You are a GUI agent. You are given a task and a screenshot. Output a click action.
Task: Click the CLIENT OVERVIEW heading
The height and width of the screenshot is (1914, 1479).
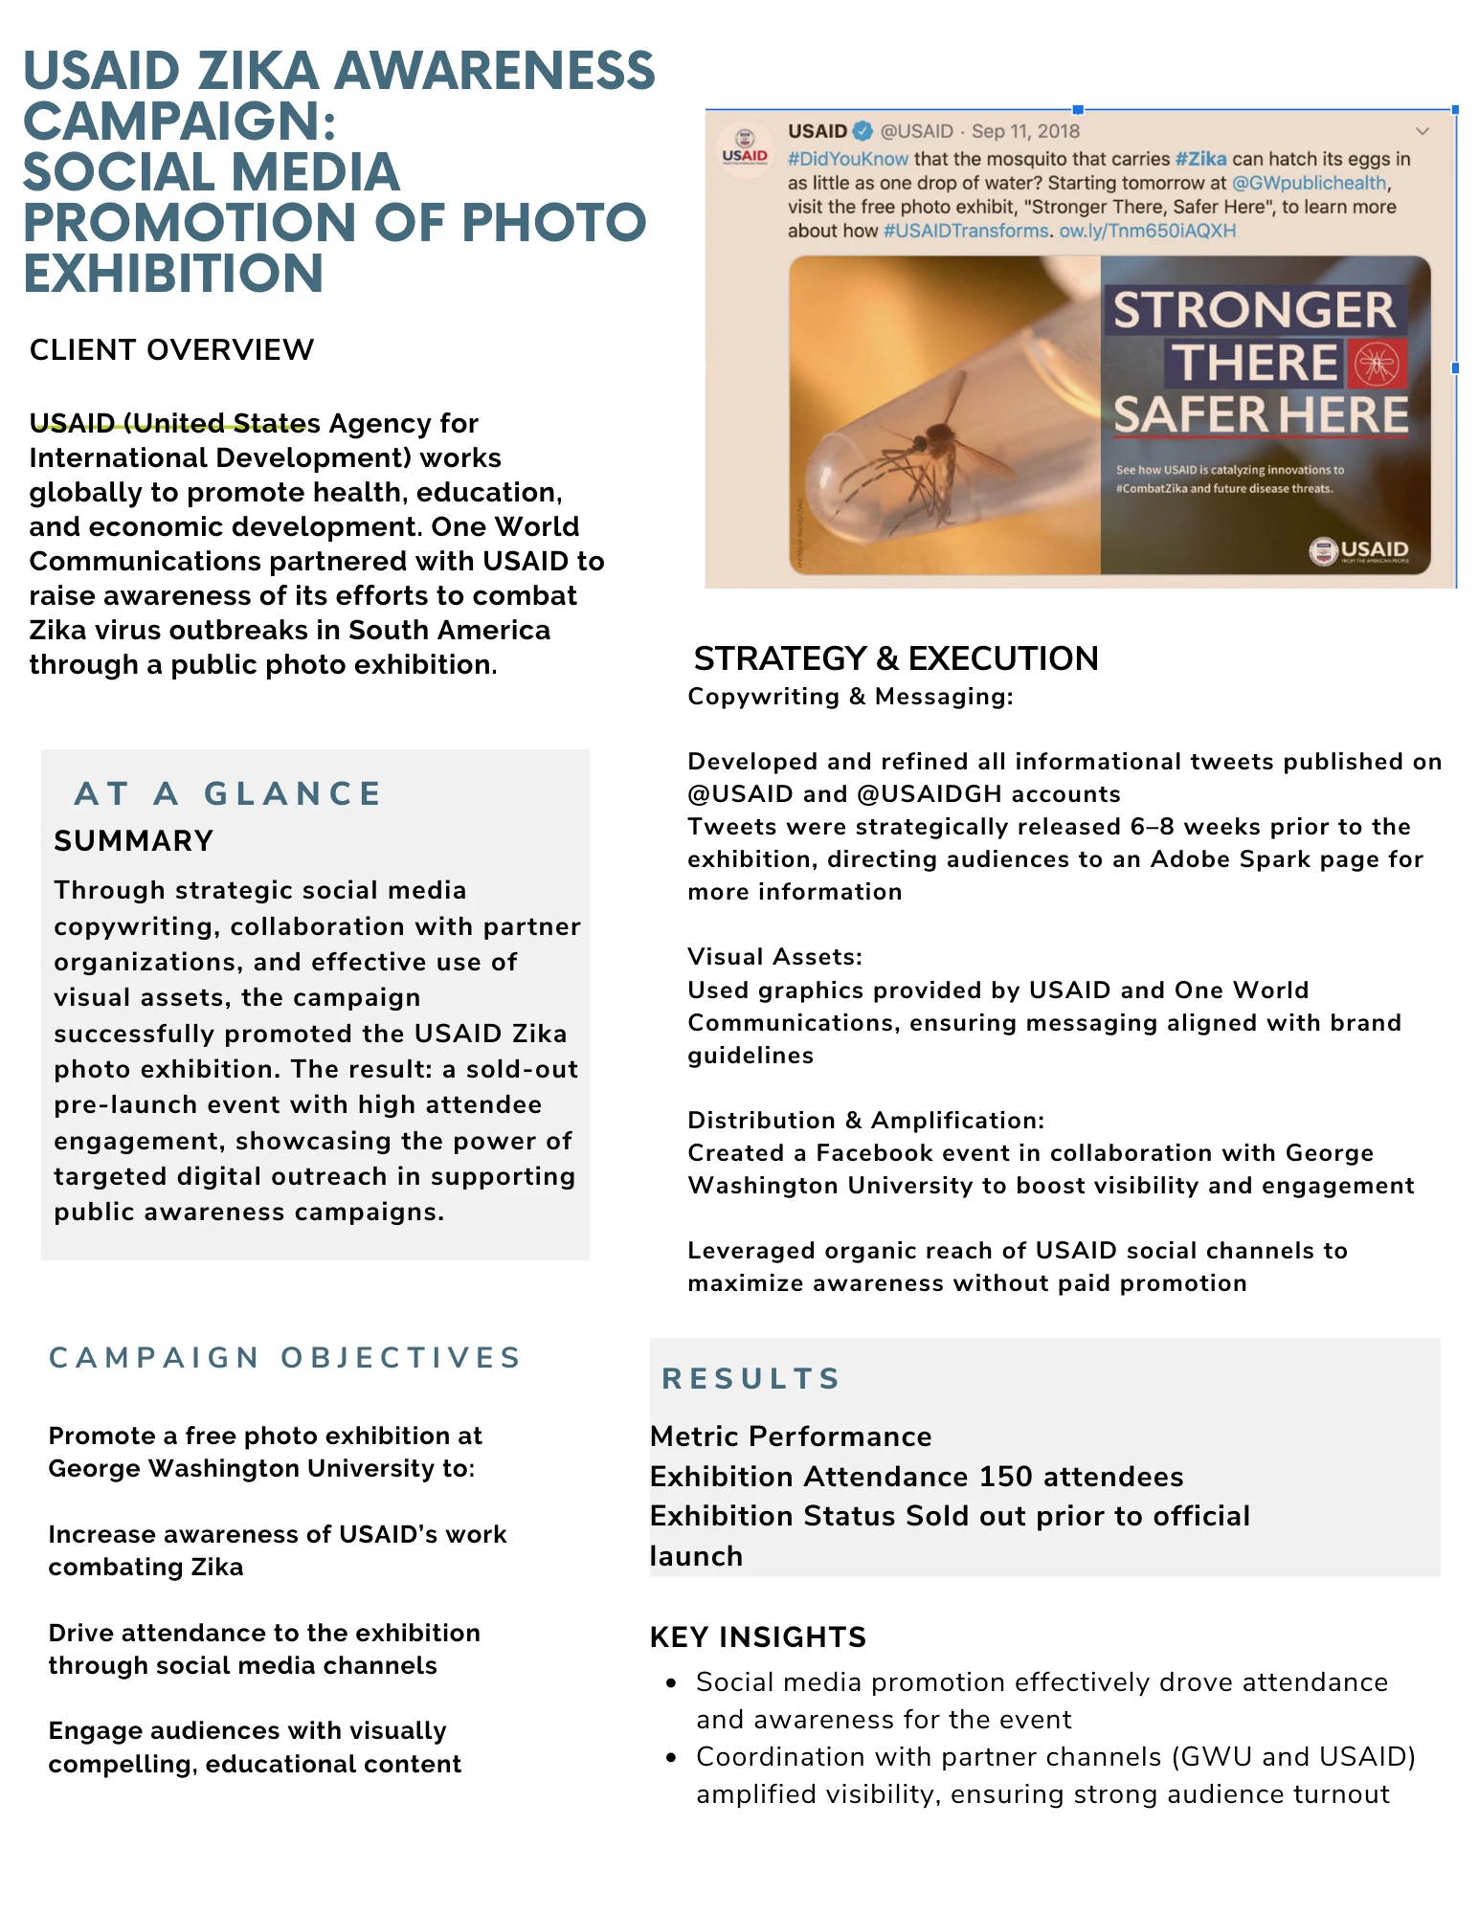[x=171, y=350]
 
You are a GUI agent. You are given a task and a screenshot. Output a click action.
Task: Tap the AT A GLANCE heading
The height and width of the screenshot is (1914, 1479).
[x=228, y=793]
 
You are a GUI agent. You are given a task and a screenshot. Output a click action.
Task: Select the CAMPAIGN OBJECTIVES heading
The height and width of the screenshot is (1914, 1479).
[x=285, y=1357]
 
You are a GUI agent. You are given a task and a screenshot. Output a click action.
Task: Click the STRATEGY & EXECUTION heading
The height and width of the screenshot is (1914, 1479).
[x=895, y=658]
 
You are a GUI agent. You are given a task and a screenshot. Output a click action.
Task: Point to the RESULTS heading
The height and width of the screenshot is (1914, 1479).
[x=751, y=1378]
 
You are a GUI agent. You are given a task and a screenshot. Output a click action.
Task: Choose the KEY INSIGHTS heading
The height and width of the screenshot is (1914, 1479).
[x=757, y=1637]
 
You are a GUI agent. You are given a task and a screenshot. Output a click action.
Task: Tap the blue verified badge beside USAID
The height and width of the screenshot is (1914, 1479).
[x=863, y=131]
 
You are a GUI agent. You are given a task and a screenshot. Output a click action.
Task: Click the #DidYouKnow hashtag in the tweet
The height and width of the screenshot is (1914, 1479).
[x=847, y=159]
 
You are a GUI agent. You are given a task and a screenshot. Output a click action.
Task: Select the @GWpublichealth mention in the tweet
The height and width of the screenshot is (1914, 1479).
[x=1309, y=183]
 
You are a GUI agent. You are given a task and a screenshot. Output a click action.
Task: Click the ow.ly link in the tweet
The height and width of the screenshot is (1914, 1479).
[x=1147, y=231]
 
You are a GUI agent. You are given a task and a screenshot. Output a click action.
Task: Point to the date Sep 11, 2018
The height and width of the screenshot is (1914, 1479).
[x=1025, y=131]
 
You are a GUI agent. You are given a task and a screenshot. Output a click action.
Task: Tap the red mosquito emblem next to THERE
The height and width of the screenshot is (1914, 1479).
[x=1378, y=364]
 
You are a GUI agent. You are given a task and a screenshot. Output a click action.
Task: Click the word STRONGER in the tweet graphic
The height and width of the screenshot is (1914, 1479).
[x=1254, y=310]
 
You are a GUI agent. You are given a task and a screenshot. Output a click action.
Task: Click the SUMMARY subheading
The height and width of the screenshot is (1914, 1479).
[x=133, y=841]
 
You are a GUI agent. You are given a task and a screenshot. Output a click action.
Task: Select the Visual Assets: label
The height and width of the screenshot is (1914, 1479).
[x=774, y=957]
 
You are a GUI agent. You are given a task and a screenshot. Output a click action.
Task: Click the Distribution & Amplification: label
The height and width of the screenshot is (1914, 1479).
[x=865, y=1121]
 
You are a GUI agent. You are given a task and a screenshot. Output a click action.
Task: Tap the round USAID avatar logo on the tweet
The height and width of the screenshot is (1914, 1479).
[x=745, y=149]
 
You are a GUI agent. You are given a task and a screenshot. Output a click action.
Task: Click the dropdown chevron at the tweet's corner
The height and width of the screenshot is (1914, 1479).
[x=1423, y=131]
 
